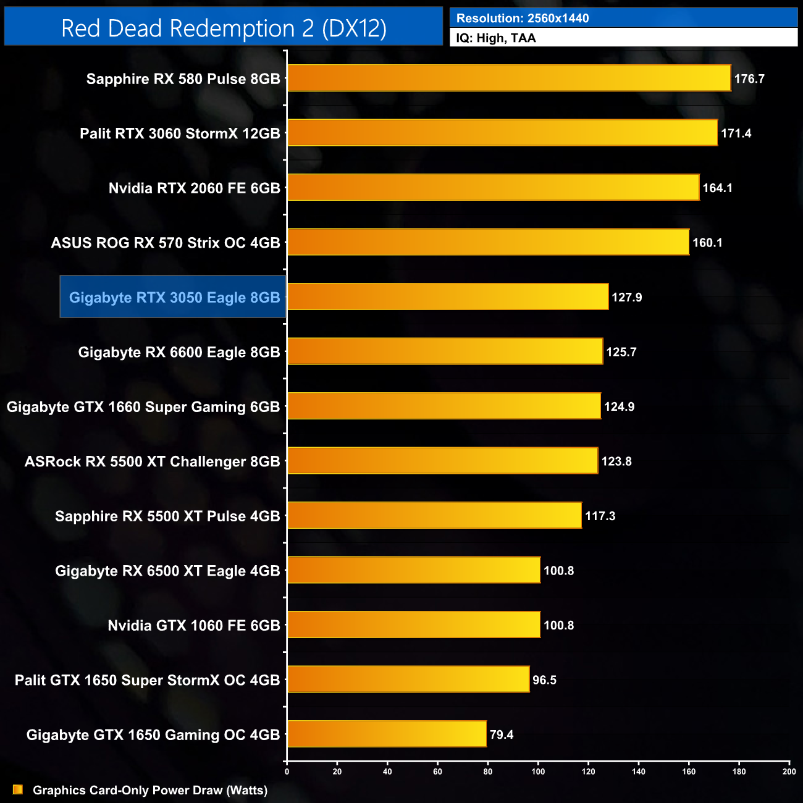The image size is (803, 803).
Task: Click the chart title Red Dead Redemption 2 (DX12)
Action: (224, 28)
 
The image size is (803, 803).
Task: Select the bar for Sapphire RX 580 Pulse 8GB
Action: (509, 78)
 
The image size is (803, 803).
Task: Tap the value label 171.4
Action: (736, 133)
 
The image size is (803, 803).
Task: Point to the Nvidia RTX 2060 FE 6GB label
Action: (194, 188)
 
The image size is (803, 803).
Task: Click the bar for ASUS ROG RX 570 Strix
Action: (488, 242)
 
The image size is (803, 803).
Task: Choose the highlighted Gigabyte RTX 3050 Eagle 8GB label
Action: (174, 297)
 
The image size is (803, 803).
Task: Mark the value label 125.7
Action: (621, 352)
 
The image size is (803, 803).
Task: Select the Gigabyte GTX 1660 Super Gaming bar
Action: (444, 406)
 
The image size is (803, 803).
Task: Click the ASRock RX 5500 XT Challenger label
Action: (152, 461)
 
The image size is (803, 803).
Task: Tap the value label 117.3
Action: (600, 516)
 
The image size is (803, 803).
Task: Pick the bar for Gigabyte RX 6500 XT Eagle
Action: (414, 570)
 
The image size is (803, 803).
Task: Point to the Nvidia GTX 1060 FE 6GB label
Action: (193, 625)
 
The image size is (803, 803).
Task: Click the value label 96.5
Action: (544, 680)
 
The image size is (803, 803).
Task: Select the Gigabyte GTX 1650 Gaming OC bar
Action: (387, 734)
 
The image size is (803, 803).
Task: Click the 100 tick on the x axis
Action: (538, 771)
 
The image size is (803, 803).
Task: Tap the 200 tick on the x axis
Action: (789, 771)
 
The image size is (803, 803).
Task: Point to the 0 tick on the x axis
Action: (287, 771)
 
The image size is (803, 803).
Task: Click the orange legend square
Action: (18, 790)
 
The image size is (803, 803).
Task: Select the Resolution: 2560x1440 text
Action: (522, 19)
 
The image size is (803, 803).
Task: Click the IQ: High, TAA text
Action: (495, 38)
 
